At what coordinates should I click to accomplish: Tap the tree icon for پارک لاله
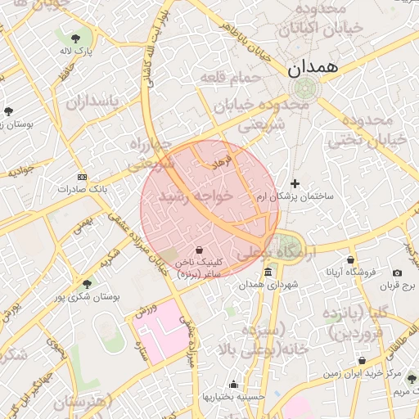[x=75, y=37]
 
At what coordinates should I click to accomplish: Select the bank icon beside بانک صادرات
[x=82, y=177]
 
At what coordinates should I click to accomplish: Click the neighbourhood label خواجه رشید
[x=196, y=196]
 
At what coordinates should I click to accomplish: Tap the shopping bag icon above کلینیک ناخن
[x=199, y=249]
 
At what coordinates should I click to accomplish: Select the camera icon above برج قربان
[x=398, y=273]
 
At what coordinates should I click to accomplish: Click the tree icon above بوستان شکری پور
[x=87, y=284]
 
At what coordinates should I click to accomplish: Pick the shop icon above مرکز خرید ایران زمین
[x=362, y=360]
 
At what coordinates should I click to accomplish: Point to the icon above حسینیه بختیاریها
[x=234, y=384]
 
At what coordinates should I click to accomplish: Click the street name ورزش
[x=146, y=314]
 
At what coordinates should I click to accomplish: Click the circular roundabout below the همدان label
[x=300, y=88]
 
